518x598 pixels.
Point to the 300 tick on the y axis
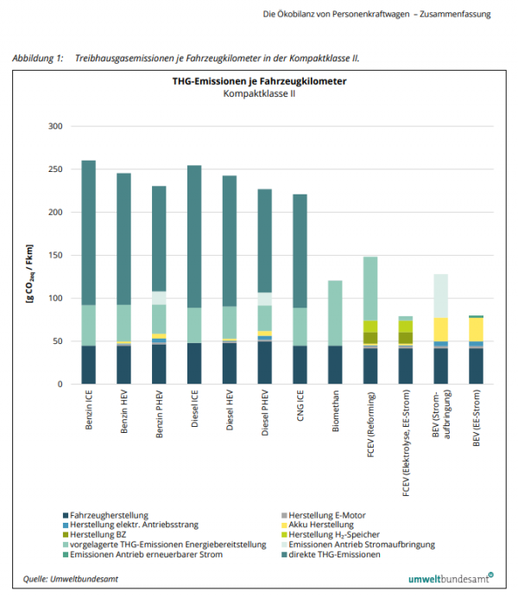pyautogui.click(x=55, y=126)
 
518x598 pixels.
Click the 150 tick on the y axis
pyautogui.click(x=55, y=255)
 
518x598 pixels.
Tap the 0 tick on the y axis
pyautogui.click(x=60, y=384)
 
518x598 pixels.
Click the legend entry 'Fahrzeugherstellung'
pyautogui.click(x=117, y=514)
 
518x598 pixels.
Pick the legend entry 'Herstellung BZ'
pyautogui.click(x=107, y=534)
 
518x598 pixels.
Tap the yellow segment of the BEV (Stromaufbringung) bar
pyautogui.click(x=441, y=329)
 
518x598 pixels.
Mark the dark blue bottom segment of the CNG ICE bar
pyautogui.click(x=300, y=365)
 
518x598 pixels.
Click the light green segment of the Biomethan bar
pyautogui.click(x=335, y=313)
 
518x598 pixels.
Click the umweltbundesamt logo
pyautogui.click(x=450, y=576)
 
